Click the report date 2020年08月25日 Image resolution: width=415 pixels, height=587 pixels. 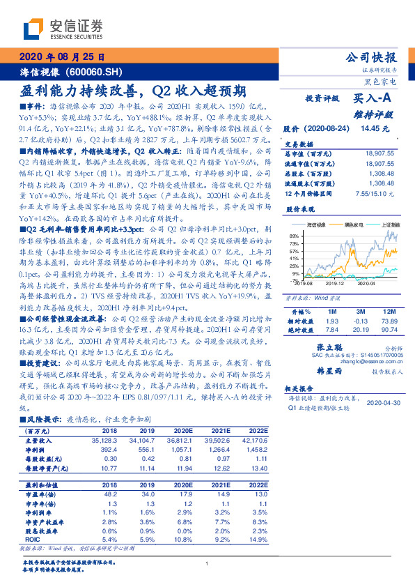pos(60,57)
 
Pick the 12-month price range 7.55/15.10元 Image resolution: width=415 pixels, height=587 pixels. pos(375,193)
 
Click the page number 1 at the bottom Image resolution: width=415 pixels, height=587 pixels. pos(207,563)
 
